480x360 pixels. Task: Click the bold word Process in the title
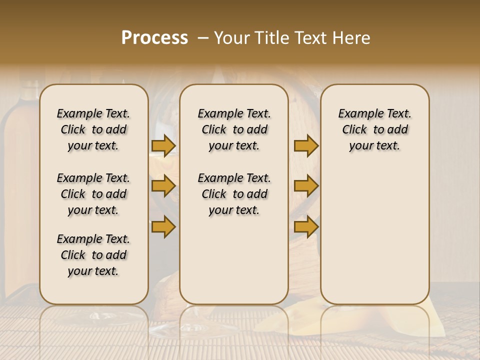pyautogui.click(x=154, y=38)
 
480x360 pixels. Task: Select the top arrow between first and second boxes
pyautogui.click(x=163, y=146)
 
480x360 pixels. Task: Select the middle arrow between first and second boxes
pyautogui.click(x=163, y=186)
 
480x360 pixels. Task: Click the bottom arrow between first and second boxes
pyautogui.click(x=163, y=226)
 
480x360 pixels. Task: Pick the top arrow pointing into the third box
pyautogui.click(x=306, y=146)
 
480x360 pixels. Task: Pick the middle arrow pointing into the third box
pyautogui.click(x=306, y=186)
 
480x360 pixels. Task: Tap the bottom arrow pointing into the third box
pyautogui.click(x=306, y=226)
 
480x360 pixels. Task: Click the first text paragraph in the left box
pyautogui.click(x=93, y=129)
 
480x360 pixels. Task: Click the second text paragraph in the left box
pyautogui.click(x=93, y=194)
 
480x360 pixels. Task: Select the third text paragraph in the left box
pyautogui.click(x=93, y=255)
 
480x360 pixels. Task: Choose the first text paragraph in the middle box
pyautogui.click(x=234, y=129)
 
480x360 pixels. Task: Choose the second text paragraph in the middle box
pyautogui.click(x=234, y=194)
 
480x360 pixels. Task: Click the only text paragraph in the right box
pyautogui.click(x=374, y=129)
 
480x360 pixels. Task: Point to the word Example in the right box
pyautogui.click(x=355, y=114)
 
